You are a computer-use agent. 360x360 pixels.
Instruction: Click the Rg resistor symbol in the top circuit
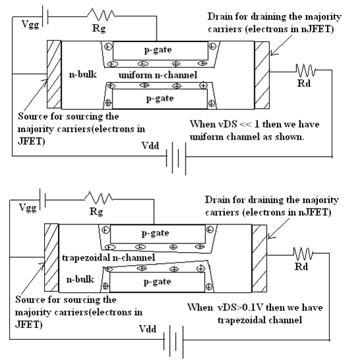(101, 14)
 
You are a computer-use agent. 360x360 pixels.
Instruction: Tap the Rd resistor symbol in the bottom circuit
(303, 254)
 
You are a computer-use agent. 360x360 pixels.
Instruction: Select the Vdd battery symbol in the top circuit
(176, 158)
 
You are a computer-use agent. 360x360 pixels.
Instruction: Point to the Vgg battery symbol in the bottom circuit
(43, 199)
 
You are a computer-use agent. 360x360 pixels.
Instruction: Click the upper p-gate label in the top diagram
(158, 50)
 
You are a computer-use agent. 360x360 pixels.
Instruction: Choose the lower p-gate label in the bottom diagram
(157, 282)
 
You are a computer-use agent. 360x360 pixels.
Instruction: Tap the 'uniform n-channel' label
(158, 75)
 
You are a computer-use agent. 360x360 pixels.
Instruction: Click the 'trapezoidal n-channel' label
(109, 257)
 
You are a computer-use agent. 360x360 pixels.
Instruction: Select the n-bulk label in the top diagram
(83, 74)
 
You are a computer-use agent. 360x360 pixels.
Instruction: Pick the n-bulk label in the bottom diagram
(80, 279)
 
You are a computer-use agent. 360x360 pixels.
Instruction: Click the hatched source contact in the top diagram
(54, 74)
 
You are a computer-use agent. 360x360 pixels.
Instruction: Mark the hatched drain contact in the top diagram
(262, 75)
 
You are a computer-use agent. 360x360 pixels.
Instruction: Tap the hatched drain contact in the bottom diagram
(259, 258)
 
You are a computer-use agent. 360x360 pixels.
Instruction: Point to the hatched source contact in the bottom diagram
(51, 257)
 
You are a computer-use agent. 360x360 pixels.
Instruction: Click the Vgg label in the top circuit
(30, 24)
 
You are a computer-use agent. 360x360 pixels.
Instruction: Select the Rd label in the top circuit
(304, 83)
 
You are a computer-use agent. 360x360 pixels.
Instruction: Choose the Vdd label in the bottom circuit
(147, 329)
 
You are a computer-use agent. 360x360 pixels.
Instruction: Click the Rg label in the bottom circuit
(96, 211)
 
